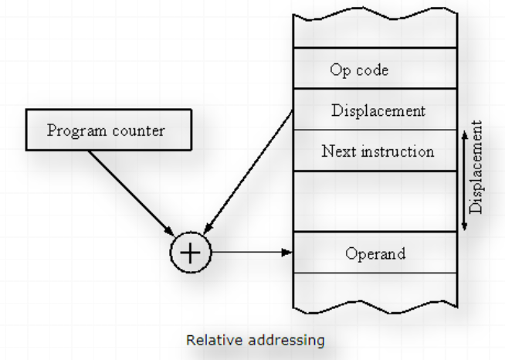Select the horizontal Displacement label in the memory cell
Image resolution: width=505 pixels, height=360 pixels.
click(x=378, y=110)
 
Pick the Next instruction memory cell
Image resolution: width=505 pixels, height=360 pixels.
click(x=376, y=151)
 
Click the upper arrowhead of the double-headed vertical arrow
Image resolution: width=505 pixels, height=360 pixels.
click(x=464, y=134)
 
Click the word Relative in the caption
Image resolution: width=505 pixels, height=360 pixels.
click(x=208, y=339)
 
